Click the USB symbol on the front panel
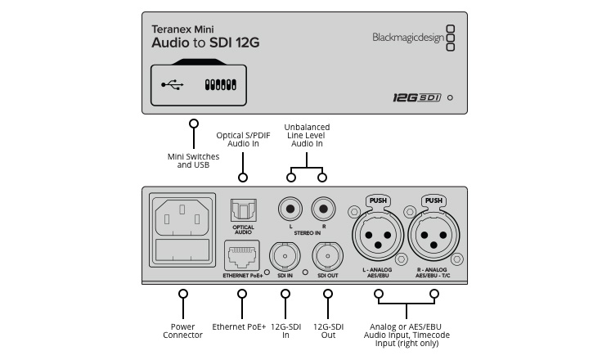click(x=173, y=84)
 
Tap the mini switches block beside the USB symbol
click(x=220, y=84)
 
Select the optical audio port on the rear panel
click(x=243, y=212)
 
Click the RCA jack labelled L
click(x=290, y=209)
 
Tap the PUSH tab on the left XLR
click(x=377, y=200)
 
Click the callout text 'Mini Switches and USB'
click(x=194, y=160)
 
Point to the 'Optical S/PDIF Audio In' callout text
click(x=243, y=139)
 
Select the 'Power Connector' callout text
click(x=183, y=329)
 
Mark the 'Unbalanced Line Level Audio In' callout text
click(x=307, y=135)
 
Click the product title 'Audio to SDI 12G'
click(x=205, y=42)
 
